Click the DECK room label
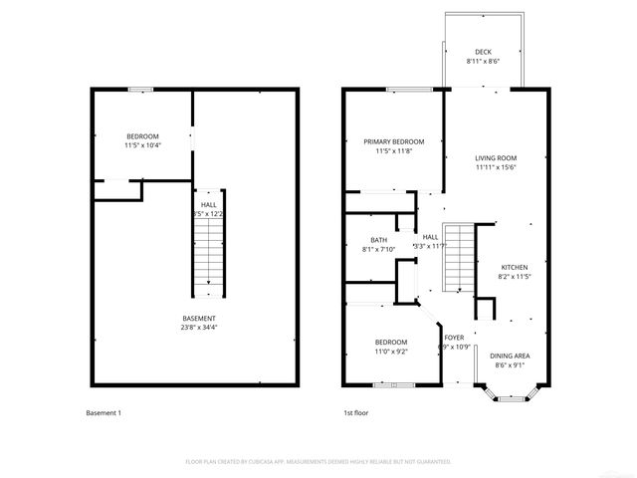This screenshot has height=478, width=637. point(483,52)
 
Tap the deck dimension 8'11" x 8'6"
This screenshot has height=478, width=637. point(483,62)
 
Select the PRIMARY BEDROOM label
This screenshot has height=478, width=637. point(393,141)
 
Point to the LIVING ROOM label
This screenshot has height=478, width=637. point(495,157)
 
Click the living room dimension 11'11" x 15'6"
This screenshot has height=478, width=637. point(495,167)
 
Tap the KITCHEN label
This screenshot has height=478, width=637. point(514,267)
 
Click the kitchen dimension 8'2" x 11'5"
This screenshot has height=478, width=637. point(514,277)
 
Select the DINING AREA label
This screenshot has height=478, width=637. point(509,356)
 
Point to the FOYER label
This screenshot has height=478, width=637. point(454,338)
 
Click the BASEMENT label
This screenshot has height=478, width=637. point(199,318)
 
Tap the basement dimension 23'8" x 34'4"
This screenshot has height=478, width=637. point(199,328)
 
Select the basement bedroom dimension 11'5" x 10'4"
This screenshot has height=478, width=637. point(142,146)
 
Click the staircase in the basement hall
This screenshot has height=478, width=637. point(207,252)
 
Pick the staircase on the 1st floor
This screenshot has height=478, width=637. point(456,257)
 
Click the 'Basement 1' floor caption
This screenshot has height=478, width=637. point(104,412)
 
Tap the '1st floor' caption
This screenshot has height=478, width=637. point(356,412)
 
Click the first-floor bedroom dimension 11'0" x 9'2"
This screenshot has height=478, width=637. point(391,351)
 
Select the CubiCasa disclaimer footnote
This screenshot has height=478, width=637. point(318,462)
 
